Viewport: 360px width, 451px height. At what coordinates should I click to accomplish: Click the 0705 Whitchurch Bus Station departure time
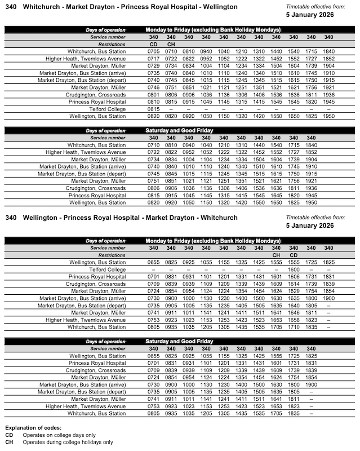click(x=154, y=51)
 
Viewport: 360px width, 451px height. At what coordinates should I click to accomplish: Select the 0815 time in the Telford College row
click(x=154, y=109)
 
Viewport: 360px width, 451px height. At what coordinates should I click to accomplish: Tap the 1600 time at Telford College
click(x=293, y=269)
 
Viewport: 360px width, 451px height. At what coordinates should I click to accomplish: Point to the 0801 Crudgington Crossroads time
click(x=154, y=95)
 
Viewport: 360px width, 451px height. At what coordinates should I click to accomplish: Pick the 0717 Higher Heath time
click(x=154, y=58)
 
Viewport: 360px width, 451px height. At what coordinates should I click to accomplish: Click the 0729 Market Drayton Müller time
click(x=154, y=65)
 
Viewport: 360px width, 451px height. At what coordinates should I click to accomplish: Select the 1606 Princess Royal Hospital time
click(x=293, y=277)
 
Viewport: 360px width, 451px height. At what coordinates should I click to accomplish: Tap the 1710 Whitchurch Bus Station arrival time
click(x=293, y=327)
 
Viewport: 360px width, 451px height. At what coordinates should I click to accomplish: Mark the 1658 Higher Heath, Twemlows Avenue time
click(x=293, y=320)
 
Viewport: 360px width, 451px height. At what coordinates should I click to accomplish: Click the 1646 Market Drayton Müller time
click(x=293, y=312)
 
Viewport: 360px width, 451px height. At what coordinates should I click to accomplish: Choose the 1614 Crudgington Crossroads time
click(x=293, y=284)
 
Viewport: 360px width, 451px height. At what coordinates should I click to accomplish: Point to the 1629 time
click(x=293, y=291)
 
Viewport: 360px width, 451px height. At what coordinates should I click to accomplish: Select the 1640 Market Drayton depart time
click(x=293, y=306)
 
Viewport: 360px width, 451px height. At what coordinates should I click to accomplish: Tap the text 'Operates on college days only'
click(x=59, y=435)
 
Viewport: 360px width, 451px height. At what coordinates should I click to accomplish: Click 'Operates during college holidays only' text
click(x=68, y=442)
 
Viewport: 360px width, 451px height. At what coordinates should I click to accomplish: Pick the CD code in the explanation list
click(x=9, y=435)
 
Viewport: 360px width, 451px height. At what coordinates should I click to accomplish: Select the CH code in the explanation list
click(x=9, y=442)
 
